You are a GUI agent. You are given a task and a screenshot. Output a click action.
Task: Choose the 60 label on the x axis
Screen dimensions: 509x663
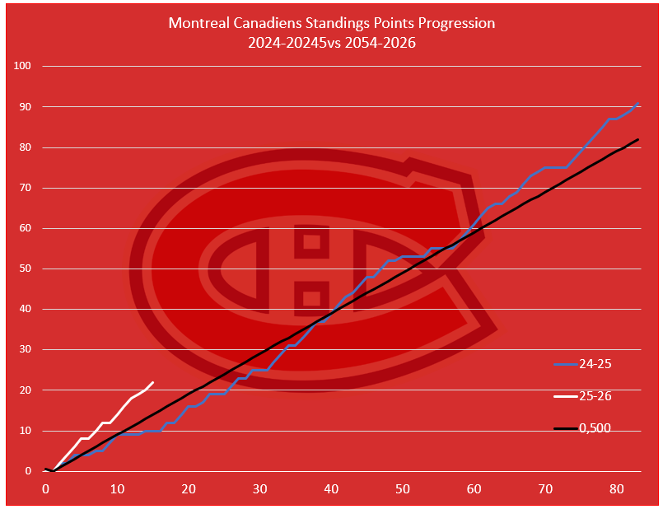coord(474,489)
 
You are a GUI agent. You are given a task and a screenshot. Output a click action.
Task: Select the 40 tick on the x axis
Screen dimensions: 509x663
coord(331,489)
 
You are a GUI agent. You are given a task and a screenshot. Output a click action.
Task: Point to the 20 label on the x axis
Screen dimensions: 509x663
coord(189,489)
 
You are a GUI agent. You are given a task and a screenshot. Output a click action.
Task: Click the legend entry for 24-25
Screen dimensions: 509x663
coord(595,363)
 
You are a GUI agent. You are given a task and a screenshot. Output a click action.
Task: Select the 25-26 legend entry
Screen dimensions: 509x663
coord(595,396)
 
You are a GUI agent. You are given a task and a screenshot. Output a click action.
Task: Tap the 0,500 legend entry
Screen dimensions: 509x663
coord(595,428)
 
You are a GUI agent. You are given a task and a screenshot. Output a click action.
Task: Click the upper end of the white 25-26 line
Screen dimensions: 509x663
coord(153,383)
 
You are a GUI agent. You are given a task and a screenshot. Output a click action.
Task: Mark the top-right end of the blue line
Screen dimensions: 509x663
coord(638,104)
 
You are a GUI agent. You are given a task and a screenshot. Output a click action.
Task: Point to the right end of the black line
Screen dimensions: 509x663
coord(638,140)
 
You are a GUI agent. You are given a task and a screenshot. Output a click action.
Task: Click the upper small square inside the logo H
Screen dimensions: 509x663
coord(311,242)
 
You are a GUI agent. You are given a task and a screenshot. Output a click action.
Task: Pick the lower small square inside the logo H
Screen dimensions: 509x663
coord(311,297)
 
